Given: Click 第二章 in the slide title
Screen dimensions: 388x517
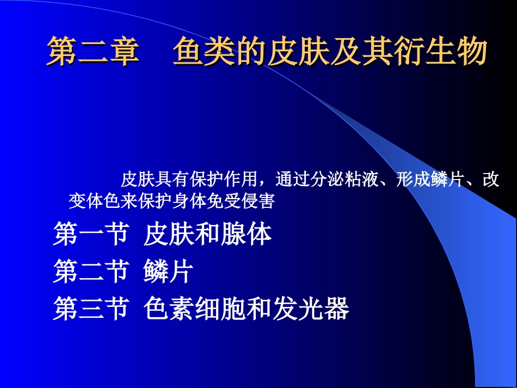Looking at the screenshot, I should [x=93, y=53].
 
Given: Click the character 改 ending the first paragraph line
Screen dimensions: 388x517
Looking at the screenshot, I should [x=491, y=179].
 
